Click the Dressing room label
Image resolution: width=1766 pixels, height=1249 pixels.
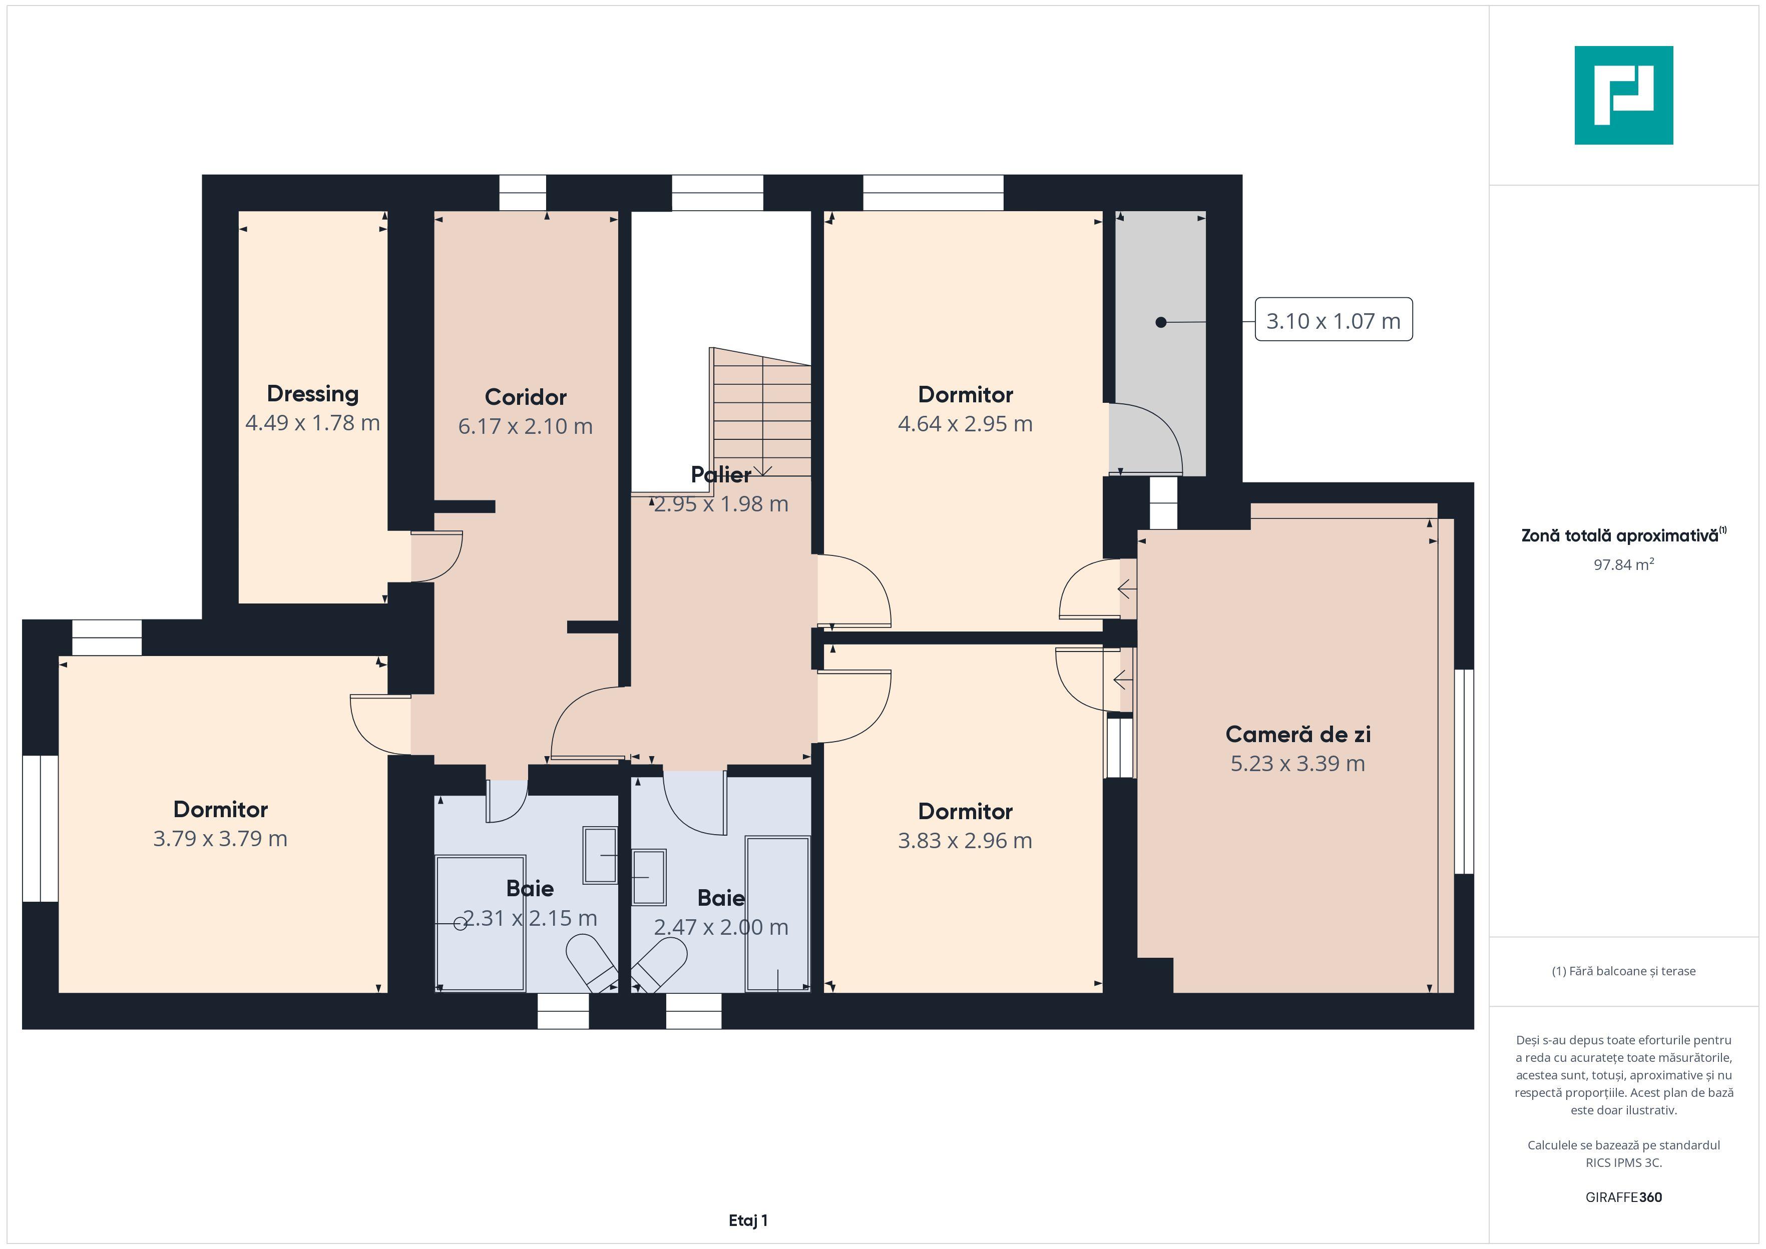point(312,394)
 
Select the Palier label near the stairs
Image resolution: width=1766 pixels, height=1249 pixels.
point(721,474)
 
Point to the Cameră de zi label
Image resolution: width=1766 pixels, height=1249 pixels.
point(1297,735)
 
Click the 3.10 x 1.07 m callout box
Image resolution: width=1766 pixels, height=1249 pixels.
point(1334,320)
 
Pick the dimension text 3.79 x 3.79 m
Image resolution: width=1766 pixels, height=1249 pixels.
point(220,838)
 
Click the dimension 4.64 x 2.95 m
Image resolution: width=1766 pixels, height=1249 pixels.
point(965,424)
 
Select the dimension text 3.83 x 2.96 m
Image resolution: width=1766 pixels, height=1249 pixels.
point(965,841)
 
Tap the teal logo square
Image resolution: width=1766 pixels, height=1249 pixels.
point(1624,96)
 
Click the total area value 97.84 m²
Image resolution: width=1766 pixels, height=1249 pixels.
point(1624,564)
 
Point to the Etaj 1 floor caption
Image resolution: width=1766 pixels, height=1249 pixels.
point(748,1220)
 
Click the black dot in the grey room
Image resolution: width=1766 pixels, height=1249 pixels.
point(1161,322)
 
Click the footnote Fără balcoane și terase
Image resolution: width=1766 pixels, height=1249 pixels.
point(1624,971)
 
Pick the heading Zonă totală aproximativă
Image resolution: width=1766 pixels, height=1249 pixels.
point(1624,535)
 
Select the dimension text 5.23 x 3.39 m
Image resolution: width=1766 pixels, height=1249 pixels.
point(1297,764)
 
